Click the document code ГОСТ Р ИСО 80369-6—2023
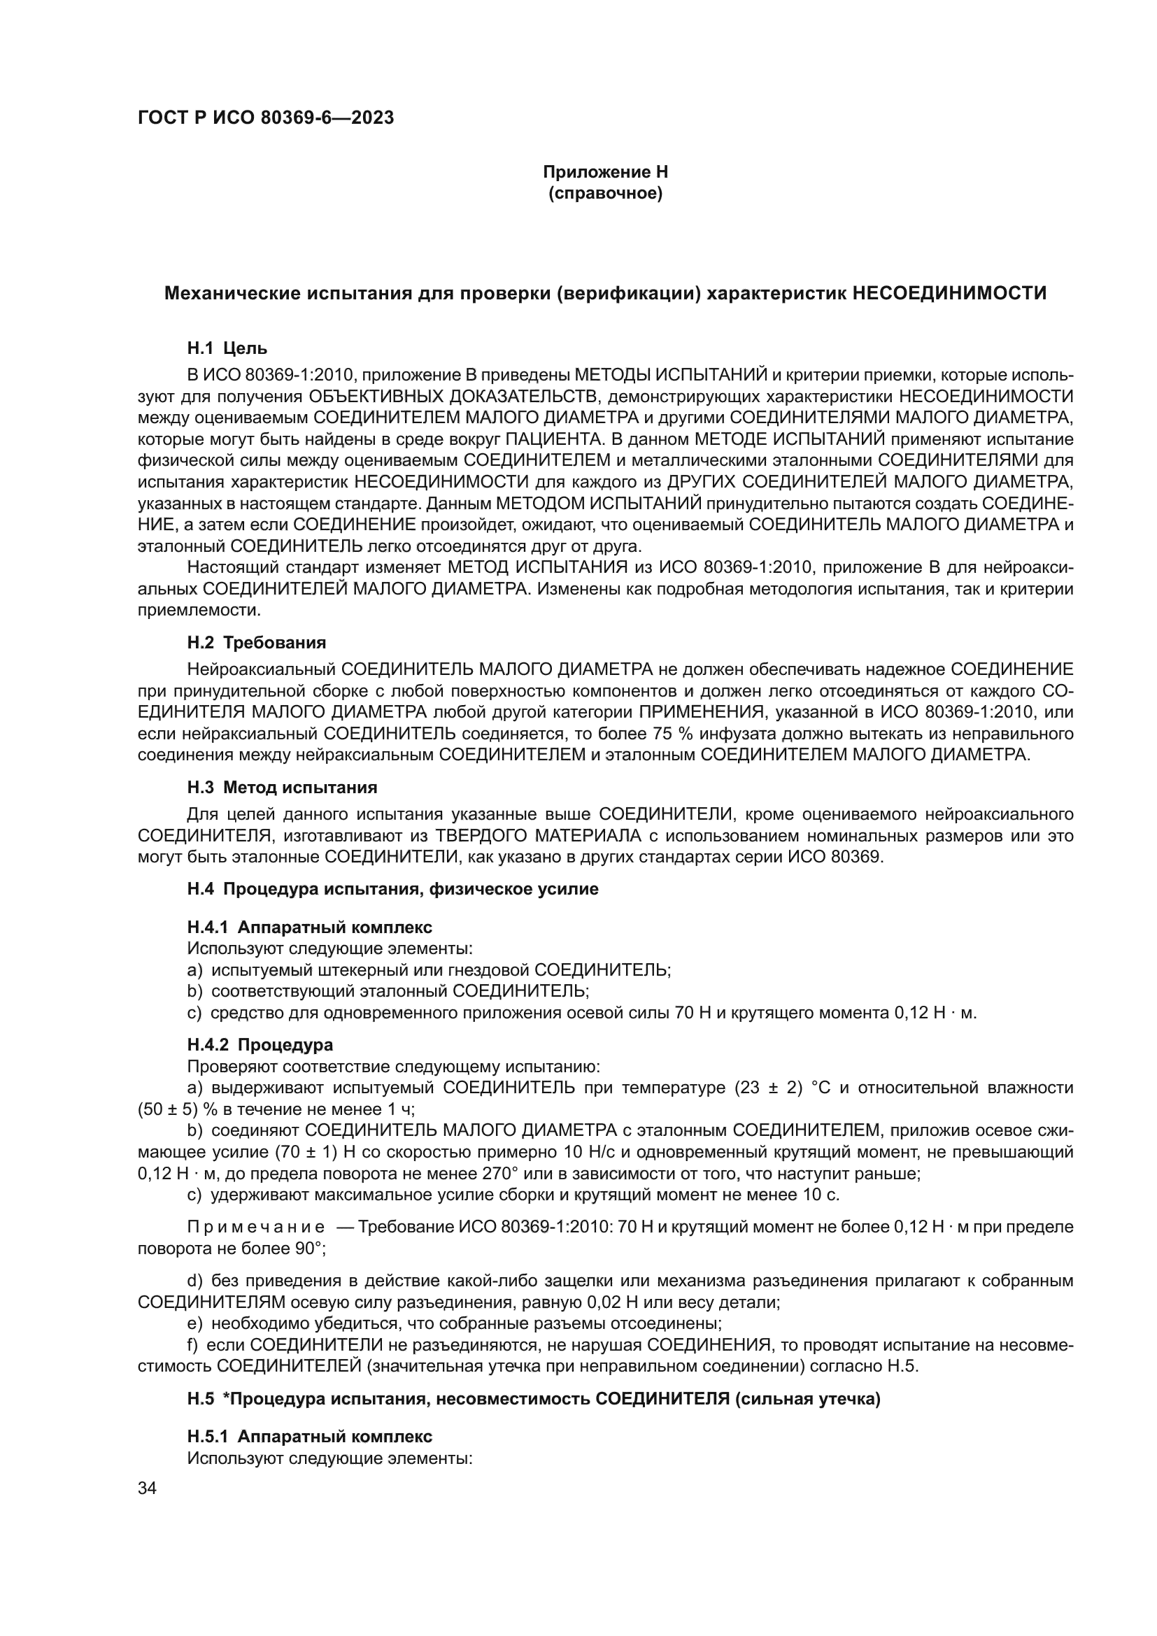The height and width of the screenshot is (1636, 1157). pyautogui.click(x=266, y=118)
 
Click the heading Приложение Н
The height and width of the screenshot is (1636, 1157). pyautogui.click(x=605, y=172)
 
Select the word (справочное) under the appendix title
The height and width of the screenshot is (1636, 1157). pyautogui.click(x=605, y=193)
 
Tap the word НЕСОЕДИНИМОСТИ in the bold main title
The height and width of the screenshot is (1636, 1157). pyautogui.click(x=949, y=293)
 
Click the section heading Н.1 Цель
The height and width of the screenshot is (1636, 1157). pyautogui.click(x=227, y=348)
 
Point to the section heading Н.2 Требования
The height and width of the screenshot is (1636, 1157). pyautogui.click(x=257, y=643)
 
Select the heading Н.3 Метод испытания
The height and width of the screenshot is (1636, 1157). pyautogui.click(x=282, y=788)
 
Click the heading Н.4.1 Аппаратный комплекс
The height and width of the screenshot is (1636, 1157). pyautogui.click(x=309, y=927)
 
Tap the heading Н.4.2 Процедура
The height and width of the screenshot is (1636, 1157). pyautogui.click(x=260, y=1044)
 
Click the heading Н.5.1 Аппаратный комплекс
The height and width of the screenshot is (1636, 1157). pyautogui.click(x=309, y=1435)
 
